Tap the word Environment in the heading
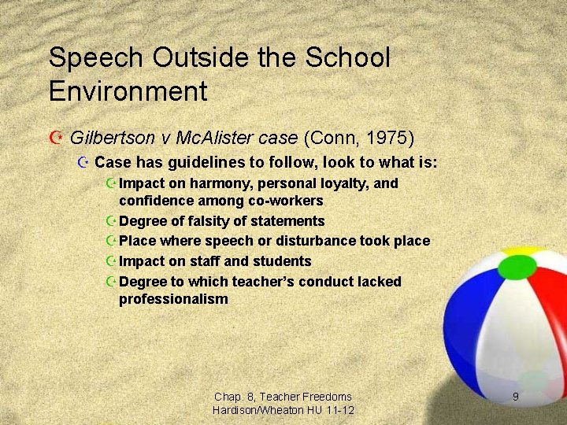pos(128,91)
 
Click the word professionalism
pos(173,299)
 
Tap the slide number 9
pos(516,397)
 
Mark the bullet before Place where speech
pos(110,241)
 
